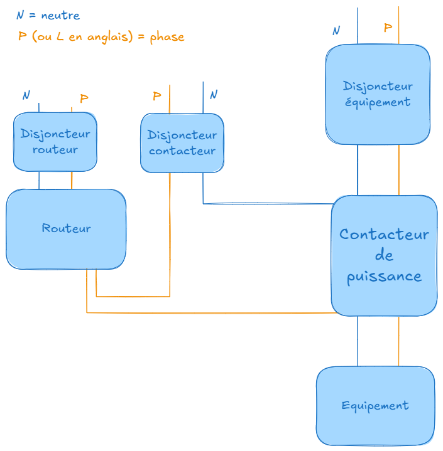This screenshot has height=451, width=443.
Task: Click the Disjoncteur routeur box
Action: coord(55,142)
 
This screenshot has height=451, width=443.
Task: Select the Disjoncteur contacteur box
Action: coord(182,142)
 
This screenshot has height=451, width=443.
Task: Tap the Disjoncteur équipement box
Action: coord(378,94)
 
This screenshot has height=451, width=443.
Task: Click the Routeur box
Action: coord(66,229)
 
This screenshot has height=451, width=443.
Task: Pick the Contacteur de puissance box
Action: coord(384,255)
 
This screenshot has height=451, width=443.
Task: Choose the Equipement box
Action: coord(375,406)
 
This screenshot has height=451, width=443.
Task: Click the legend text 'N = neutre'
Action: coord(48,15)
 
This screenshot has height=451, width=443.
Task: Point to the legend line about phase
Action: coord(101,36)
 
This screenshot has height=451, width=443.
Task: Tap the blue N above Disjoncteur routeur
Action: coord(26,95)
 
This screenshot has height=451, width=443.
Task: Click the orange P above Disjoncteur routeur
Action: coord(84,99)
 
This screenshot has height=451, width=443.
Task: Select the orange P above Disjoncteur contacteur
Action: coord(156,96)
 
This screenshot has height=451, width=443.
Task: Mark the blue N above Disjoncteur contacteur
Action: coord(214,95)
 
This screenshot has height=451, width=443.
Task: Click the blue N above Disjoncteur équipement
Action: coord(336,30)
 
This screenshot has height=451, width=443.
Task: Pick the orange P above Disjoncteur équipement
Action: coord(388,28)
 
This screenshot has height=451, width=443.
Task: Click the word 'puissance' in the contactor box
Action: coord(384,276)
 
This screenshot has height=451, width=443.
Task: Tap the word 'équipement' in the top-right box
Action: coord(378,102)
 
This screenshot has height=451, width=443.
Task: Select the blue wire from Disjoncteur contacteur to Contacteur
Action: coord(264,203)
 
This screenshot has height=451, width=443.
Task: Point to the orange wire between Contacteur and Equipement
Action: coord(398,341)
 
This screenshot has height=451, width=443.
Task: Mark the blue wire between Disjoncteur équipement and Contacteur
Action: coord(358,169)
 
